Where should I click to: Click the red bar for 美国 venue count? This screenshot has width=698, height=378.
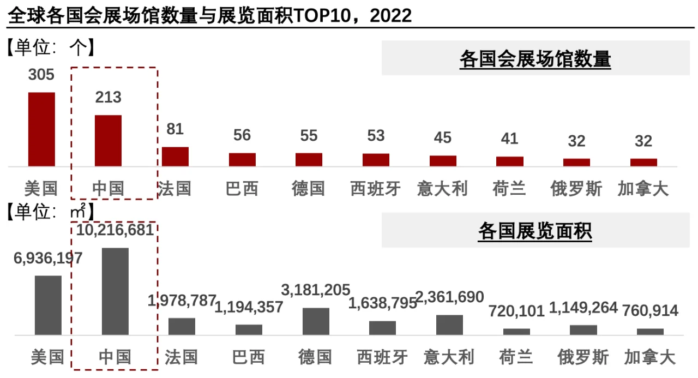pos(41,129)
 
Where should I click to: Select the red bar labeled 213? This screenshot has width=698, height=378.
pos(109,141)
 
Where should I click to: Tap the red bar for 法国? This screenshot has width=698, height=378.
pos(175,157)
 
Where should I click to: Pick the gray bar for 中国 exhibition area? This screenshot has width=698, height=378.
pos(115,291)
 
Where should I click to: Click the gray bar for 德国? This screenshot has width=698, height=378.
pos(316,321)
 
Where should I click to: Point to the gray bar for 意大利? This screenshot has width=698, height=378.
pos(449,325)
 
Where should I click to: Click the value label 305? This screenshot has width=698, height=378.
pos(41,75)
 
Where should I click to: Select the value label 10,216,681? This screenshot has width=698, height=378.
pos(115,230)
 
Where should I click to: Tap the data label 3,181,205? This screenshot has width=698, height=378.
pos(315,290)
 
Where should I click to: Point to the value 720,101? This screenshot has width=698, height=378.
pos(516,311)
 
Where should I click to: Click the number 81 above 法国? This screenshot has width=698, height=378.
pos(175,129)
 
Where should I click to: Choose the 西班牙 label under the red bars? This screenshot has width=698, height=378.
pos(376,189)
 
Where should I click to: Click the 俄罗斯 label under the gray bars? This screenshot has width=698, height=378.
pos(583,357)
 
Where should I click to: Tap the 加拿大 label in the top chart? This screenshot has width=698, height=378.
pos(643,189)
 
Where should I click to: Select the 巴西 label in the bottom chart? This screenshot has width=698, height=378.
pos(249,357)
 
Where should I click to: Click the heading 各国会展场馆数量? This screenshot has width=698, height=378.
pos(535,59)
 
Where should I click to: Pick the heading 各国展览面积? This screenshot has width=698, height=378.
pos(535,231)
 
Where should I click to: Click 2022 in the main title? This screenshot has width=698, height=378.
pos(390,16)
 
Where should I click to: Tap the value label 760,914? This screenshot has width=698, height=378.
pos(650,311)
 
